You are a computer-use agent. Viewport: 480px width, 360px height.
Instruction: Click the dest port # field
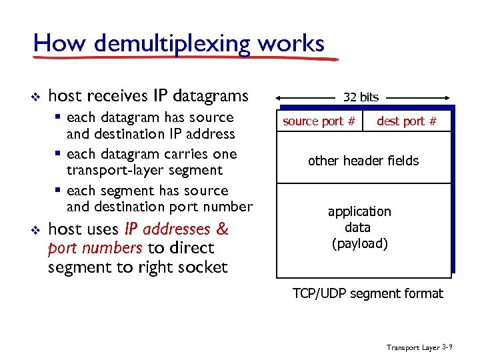pyautogui.click(x=407, y=121)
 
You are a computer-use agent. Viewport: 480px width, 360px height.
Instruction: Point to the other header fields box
pyautogui.click(x=363, y=161)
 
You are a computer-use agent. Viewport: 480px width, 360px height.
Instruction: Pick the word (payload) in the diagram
pyautogui.click(x=359, y=243)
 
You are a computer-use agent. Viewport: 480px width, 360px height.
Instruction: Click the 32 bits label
pyautogui.click(x=361, y=97)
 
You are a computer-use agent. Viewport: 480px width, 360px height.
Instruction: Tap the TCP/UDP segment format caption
pyautogui.click(x=367, y=293)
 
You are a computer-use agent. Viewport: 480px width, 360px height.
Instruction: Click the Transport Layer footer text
pyautogui.click(x=413, y=348)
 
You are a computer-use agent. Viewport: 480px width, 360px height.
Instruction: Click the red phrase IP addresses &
pyautogui.click(x=177, y=230)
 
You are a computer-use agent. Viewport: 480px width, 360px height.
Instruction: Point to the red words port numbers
pyautogui.click(x=95, y=249)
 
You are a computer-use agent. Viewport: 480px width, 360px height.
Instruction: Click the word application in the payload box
pyautogui.click(x=359, y=211)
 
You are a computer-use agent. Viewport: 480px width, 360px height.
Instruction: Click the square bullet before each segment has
pyautogui.click(x=59, y=191)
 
